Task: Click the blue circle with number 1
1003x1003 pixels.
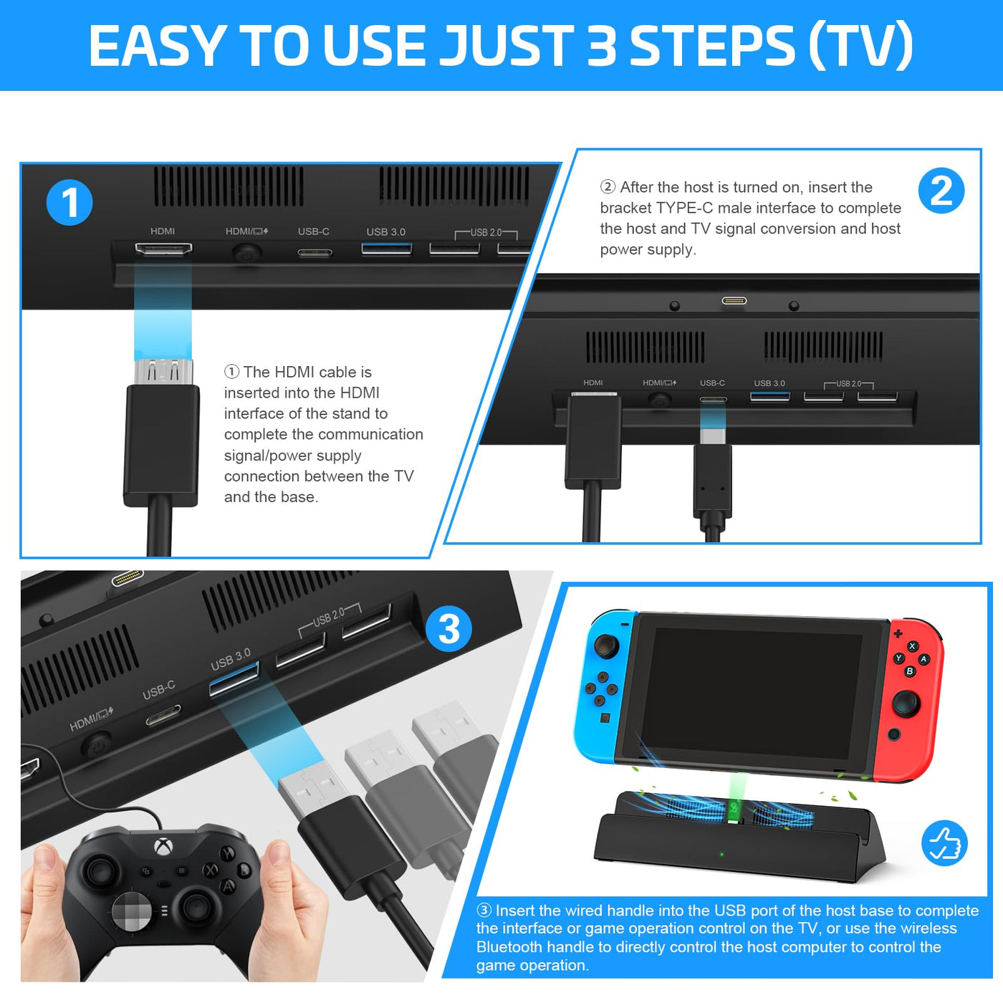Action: (x=69, y=203)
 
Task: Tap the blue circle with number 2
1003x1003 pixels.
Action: (x=941, y=191)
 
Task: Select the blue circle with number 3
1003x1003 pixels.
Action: (x=448, y=628)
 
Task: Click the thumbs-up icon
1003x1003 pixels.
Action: (x=944, y=843)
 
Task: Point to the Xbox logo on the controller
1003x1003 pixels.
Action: (x=163, y=846)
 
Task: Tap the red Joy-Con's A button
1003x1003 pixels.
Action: (x=923, y=659)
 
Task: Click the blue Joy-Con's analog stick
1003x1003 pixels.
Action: (x=606, y=646)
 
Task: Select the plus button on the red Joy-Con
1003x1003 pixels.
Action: (x=898, y=633)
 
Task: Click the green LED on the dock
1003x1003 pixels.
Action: (x=721, y=854)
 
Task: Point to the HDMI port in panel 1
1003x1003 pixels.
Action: (x=163, y=249)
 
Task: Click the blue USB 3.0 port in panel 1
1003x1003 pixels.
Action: (x=386, y=249)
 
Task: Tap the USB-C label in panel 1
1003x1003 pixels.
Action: (x=313, y=231)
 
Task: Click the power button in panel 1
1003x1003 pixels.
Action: (x=246, y=254)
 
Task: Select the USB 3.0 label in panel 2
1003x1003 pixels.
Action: (x=769, y=383)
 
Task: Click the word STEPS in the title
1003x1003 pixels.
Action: (x=713, y=45)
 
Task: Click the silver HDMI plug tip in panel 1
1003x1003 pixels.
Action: (x=163, y=372)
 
